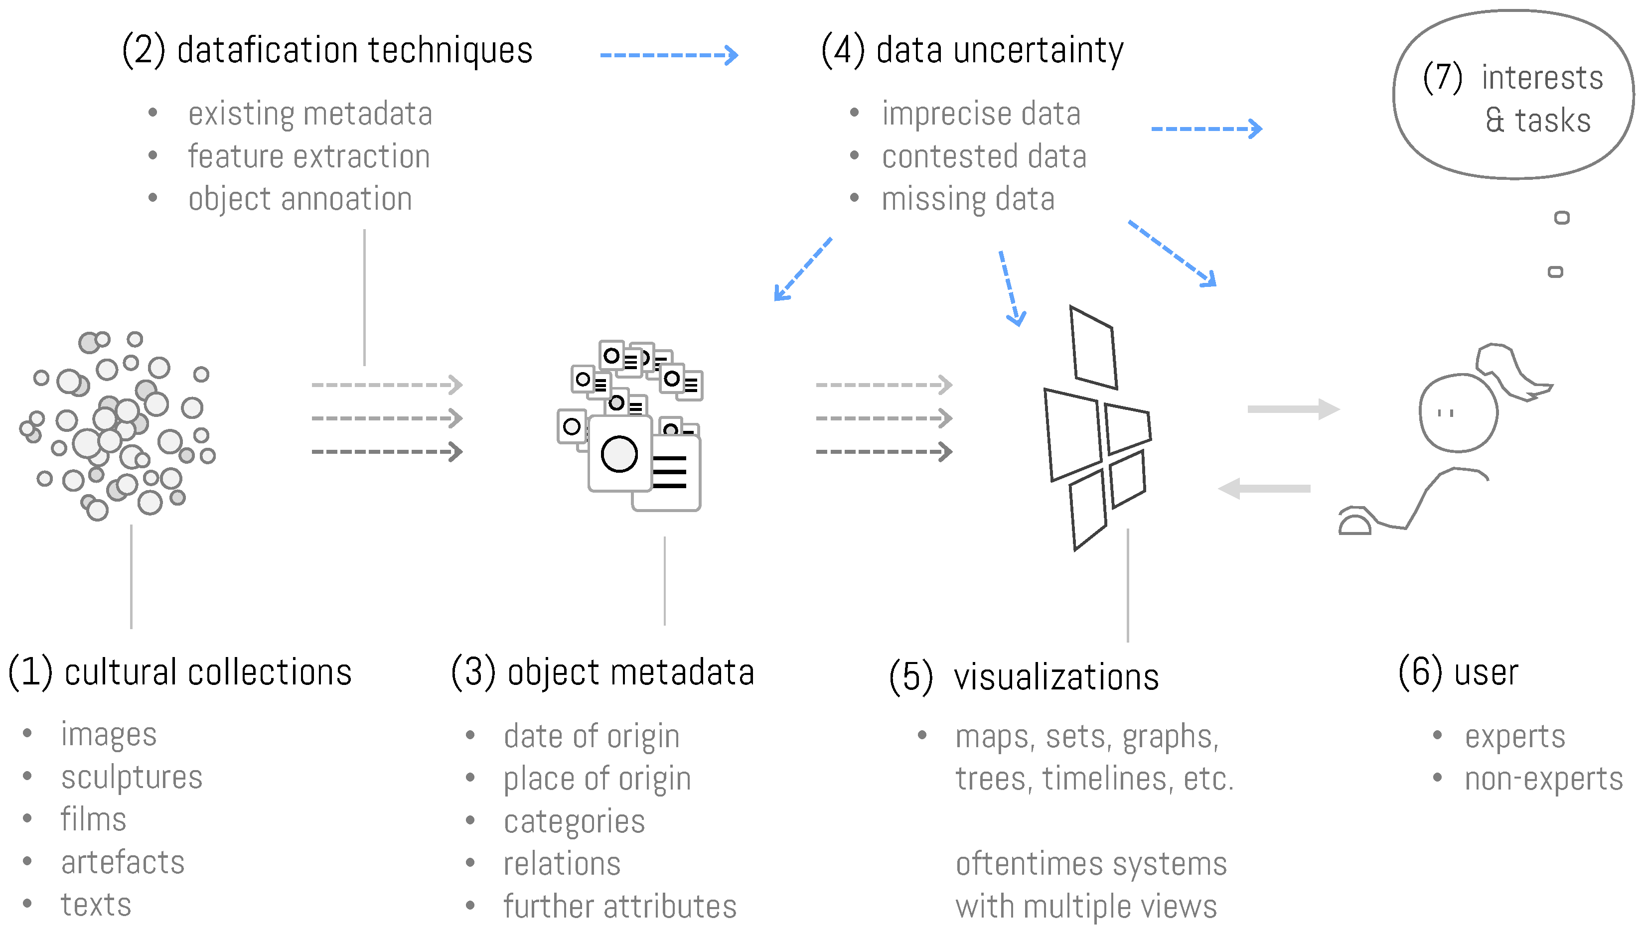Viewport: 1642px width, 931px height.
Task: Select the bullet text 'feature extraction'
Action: point(308,156)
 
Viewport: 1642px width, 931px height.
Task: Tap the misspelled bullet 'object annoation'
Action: point(299,199)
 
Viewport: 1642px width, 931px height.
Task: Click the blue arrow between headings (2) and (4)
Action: point(668,55)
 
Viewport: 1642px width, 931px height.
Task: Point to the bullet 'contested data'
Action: point(983,156)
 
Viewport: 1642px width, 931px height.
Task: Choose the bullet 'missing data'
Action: point(967,199)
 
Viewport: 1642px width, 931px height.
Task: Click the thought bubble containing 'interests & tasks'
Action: point(1513,96)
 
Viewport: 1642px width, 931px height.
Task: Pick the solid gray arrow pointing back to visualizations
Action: point(1264,489)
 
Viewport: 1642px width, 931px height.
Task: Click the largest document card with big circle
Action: point(619,453)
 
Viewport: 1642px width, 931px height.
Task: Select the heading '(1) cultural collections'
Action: point(180,672)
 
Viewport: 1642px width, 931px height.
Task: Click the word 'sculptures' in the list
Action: point(131,778)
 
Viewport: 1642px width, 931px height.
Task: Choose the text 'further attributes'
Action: point(619,906)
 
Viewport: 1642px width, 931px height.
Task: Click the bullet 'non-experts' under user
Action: point(1543,779)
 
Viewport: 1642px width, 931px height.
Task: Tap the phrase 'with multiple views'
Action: point(1085,906)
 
